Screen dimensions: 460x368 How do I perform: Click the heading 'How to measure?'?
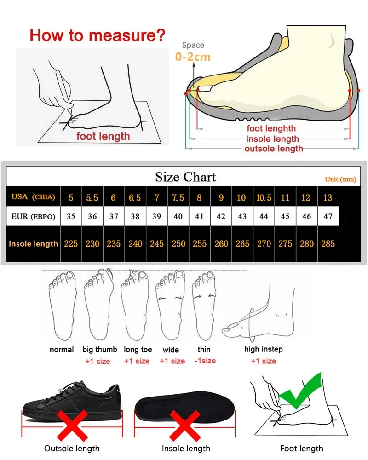(97, 35)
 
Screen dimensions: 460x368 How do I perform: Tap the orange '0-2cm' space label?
(193, 57)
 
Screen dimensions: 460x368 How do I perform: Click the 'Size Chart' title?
(185, 177)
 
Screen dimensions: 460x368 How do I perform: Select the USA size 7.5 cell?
(178, 198)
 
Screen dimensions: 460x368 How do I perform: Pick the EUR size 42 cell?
(221, 217)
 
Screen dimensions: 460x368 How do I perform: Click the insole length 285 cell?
(328, 244)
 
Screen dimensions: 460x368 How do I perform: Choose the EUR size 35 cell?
(71, 217)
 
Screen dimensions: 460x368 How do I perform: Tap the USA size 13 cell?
(328, 198)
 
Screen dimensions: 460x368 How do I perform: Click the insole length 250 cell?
(178, 244)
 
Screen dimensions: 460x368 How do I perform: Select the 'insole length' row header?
(34, 244)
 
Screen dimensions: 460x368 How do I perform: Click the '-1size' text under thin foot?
(205, 361)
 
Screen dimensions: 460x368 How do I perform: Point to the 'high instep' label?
(264, 350)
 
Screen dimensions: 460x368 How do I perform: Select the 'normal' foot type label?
(62, 350)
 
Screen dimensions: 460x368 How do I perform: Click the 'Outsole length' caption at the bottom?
(72, 448)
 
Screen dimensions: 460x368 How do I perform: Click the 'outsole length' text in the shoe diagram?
(274, 149)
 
